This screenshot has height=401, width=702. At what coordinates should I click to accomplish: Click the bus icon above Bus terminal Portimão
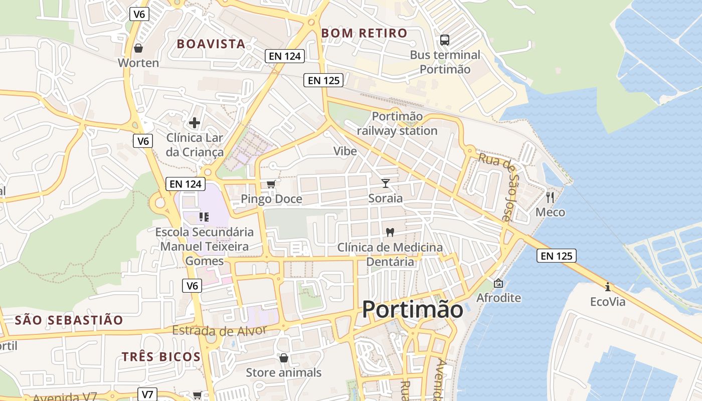click(x=444, y=40)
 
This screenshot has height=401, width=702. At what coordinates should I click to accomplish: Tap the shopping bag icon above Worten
click(x=138, y=48)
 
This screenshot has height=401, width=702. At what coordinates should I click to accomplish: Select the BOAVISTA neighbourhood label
click(x=211, y=44)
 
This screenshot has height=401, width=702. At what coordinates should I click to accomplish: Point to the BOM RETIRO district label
click(x=364, y=33)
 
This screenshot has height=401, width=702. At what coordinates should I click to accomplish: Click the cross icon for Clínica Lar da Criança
click(x=195, y=122)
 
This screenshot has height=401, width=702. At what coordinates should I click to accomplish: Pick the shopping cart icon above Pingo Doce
click(x=271, y=184)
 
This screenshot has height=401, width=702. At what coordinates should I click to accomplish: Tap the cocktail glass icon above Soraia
click(x=385, y=183)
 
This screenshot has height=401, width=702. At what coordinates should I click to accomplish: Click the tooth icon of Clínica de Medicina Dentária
click(x=390, y=233)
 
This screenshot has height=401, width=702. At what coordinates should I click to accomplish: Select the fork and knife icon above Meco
click(x=550, y=197)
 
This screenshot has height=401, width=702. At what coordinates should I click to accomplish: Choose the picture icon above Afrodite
click(x=498, y=283)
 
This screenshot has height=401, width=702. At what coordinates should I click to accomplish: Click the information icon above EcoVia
click(x=608, y=287)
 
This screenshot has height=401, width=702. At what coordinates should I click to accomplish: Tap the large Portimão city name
click(x=412, y=309)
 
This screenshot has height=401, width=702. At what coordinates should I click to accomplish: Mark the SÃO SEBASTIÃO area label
click(x=69, y=320)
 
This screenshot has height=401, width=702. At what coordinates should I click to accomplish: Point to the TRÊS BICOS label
click(x=161, y=357)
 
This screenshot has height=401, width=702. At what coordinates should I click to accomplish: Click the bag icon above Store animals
click(x=283, y=358)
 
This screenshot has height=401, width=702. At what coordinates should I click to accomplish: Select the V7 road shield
click(x=147, y=394)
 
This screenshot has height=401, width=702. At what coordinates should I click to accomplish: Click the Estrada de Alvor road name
click(x=219, y=330)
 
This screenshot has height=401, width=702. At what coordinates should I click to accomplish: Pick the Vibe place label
click(x=345, y=151)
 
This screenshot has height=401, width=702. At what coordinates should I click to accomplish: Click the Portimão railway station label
click(x=397, y=123)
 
